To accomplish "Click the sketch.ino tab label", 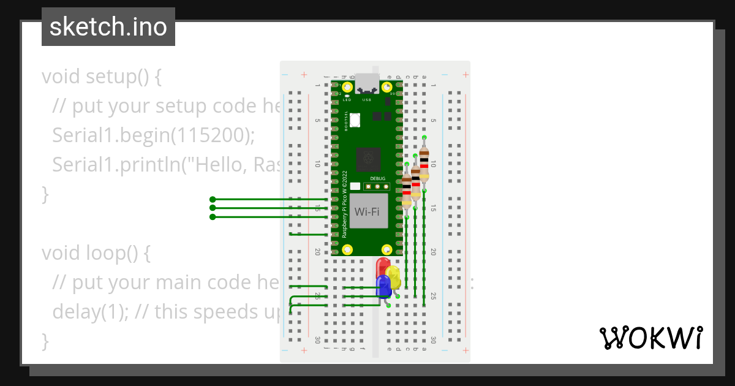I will (x=108, y=27).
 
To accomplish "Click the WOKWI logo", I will (x=650, y=338).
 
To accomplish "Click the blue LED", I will (x=383, y=286).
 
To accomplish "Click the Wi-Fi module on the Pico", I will (x=367, y=211).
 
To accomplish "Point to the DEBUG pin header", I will (x=377, y=186).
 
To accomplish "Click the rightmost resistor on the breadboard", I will (x=424, y=166).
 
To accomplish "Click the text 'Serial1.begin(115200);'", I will (x=153, y=135).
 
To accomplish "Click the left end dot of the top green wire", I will (x=213, y=199).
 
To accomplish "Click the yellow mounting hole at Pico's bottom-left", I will (x=347, y=249).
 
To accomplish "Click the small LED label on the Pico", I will (x=347, y=99).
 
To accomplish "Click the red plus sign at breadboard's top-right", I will (x=466, y=75).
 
